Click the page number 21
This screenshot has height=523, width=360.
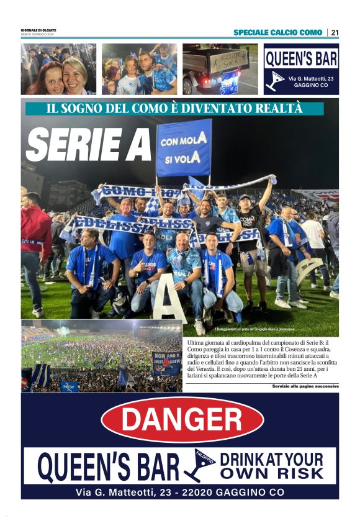(x=335, y=32)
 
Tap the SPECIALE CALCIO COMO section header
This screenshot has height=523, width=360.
(x=277, y=32)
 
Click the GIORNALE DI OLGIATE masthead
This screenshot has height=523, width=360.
(x=38, y=30)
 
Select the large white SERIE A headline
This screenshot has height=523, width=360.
(x=89, y=145)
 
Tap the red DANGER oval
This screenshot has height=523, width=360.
(x=182, y=419)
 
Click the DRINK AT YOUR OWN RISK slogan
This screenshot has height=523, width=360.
(x=272, y=466)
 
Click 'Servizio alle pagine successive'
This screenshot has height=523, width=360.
(x=305, y=386)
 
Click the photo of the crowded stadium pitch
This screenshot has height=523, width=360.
(x=101, y=356)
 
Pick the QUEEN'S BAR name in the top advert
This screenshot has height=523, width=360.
(x=301, y=59)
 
